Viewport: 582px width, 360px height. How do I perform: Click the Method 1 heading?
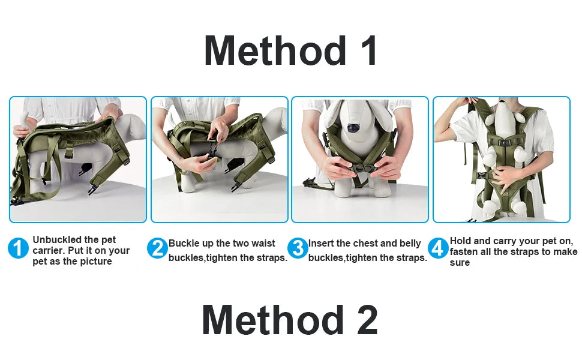[290, 50]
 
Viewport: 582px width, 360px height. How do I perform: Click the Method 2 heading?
[290, 320]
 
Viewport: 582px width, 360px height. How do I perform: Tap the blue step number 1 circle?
[18, 248]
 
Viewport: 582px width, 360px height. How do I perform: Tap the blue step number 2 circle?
[157, 248]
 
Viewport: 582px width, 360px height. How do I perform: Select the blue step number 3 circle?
[298, 248]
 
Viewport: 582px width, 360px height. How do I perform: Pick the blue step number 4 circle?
[439, 248]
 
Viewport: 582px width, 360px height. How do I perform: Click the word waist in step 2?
[263, 244]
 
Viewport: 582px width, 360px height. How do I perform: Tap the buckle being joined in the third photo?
[360, 169]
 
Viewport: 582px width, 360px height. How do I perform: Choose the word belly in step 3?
[410, 244]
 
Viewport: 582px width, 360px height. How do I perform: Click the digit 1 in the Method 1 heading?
[367, 50]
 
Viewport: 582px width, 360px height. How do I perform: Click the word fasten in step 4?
[464, 252]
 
